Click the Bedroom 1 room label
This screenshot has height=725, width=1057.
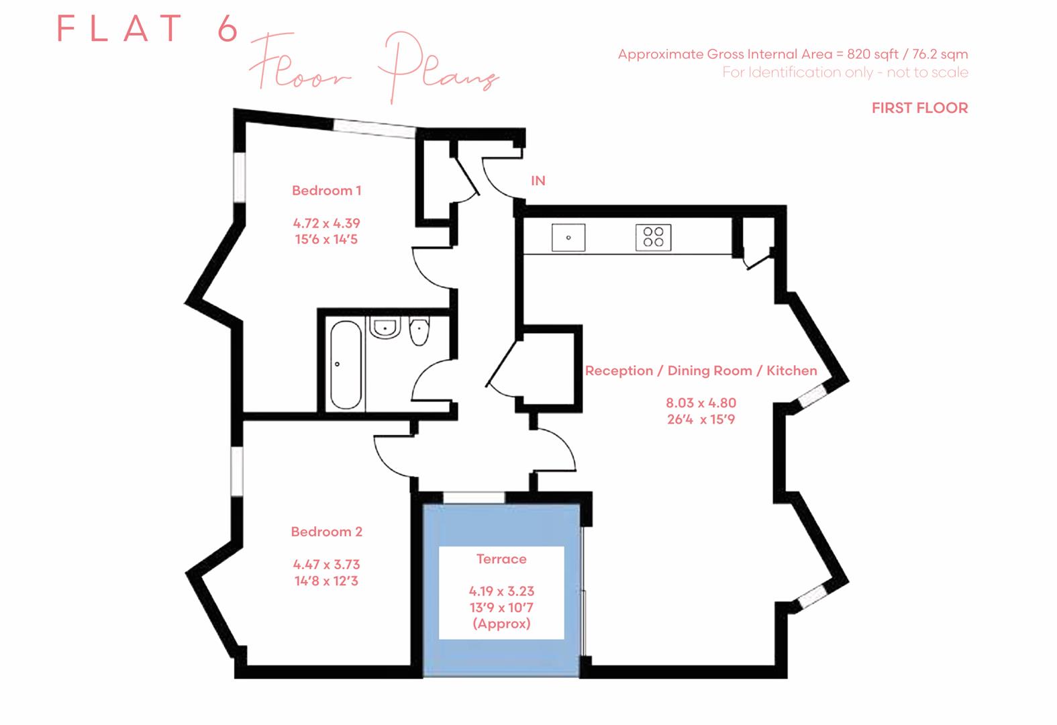[327, 191]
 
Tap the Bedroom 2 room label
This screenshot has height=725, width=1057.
[327, 532]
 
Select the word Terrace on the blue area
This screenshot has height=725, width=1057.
[501, 559]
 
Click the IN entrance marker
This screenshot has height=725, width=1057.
[538, 181]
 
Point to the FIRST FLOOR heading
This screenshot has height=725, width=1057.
[919, 108]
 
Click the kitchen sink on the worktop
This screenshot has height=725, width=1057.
[568, 238]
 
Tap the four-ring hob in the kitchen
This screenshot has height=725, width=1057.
[654, 238]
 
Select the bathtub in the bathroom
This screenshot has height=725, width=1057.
[346, 365]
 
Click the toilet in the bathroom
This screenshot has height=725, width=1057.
[419, 332]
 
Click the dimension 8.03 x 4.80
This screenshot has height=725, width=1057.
[701, 403]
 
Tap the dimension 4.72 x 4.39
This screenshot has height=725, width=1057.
[327, 224]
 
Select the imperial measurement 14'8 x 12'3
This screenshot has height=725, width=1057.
[327, 581]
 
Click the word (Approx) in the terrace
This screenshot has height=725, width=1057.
[501, 624]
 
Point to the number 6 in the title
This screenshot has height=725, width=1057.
[228, 28]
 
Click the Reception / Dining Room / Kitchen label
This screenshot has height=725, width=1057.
[701, 371]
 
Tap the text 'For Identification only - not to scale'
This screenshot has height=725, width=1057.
[845, 72]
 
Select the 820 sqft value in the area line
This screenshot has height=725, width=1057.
[872, 54]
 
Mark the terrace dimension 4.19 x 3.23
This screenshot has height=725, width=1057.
[501, 591]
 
